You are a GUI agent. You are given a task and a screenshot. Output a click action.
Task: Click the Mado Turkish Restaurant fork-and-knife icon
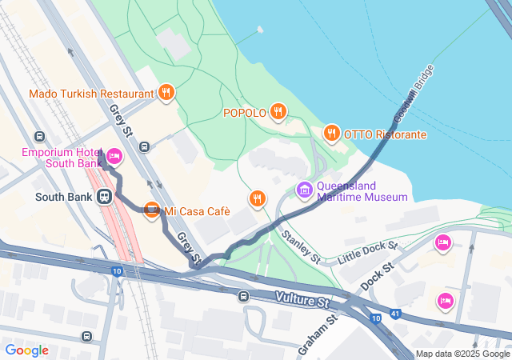tap(166, 93)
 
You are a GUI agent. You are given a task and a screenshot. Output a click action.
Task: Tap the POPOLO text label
tap(244, 113)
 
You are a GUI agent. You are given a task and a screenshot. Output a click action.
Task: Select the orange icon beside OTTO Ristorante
tap(332, 133)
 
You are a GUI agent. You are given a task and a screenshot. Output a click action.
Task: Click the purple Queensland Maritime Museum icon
tap(304, 190)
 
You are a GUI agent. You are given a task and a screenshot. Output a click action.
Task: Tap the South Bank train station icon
tap(104, 196)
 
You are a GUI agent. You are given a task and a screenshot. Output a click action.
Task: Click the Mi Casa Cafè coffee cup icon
tap(150, 211)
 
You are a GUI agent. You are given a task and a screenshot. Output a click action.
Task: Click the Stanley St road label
tap(302, 248)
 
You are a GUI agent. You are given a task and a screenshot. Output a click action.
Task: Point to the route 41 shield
tap(397, 313)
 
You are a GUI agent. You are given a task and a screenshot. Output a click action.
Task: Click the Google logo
tap(26, 350)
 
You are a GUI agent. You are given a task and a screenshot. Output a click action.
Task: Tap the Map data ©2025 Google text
tap(462, 354)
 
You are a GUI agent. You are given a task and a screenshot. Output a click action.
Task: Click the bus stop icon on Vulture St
tap(243, 296)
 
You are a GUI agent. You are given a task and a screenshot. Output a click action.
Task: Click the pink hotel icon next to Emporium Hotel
tap(114, 155)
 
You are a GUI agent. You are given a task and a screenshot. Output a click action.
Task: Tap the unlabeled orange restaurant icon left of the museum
tap(256, 198)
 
